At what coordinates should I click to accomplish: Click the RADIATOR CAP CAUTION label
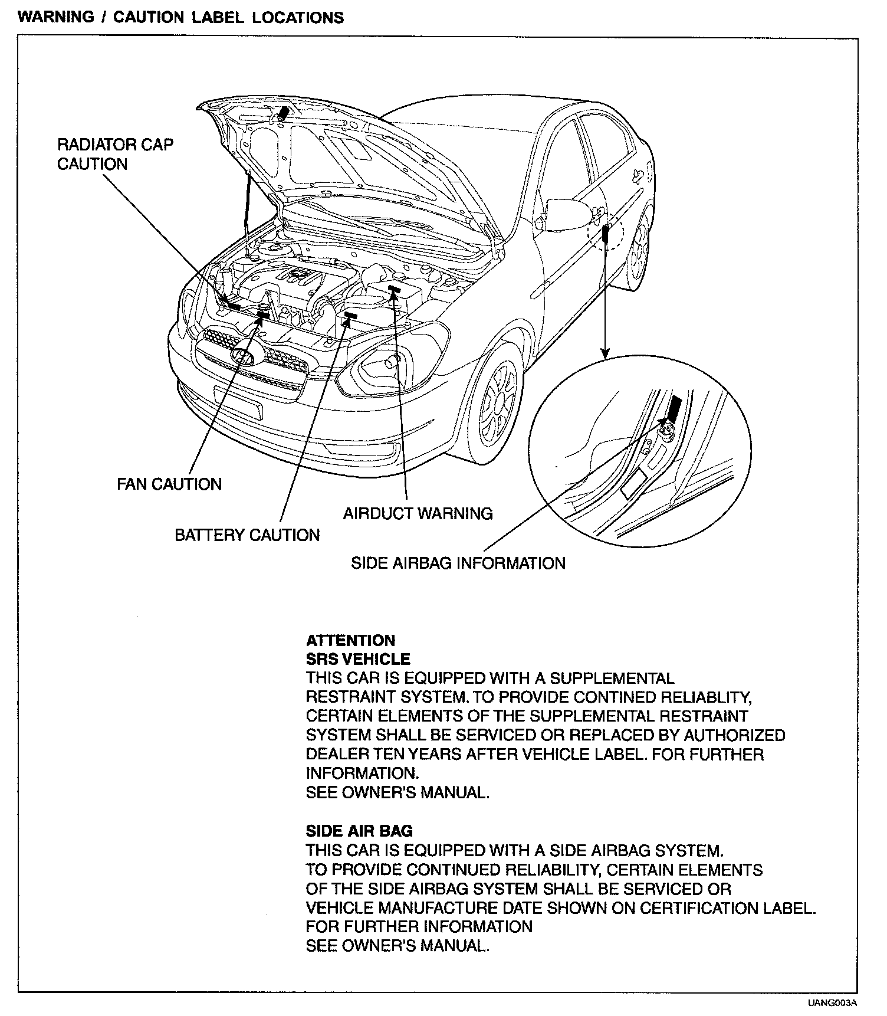coord(115,154)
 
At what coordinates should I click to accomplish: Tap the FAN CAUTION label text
coord(169,484)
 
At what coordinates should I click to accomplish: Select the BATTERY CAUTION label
coord(247,535)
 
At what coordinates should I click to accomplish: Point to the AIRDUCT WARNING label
coord(418,513)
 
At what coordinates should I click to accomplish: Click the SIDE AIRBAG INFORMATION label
coord(458,563)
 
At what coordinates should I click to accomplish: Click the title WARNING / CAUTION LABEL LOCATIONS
coord(181,17)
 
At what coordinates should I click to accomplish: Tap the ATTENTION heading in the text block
coord(350,641)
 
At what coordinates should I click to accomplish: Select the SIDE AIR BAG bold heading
coord(359,831)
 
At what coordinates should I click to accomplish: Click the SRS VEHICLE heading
coord(358,659)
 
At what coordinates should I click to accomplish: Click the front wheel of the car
coord(497,404)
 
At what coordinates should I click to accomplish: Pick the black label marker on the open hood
coord(284,112)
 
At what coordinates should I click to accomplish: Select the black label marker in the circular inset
coord(674,409)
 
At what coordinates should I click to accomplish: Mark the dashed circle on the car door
coord(605,232)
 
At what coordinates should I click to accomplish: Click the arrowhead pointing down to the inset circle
coord(605,353)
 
